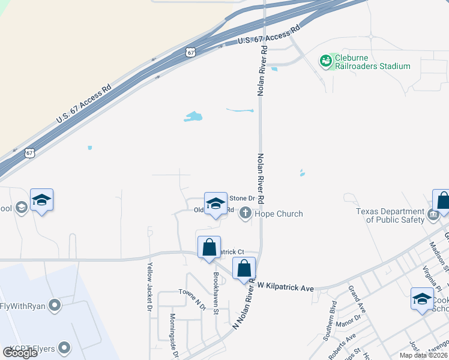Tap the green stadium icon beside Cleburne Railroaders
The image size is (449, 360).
coord(326,61)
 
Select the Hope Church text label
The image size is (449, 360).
coord(279,214)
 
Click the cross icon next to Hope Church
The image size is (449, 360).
coord(245,213)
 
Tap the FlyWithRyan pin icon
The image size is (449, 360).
coord(55,306)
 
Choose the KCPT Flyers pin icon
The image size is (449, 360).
coord(64,349)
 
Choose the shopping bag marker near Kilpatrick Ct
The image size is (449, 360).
coord(209,247)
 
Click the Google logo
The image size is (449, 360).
coord(20,352)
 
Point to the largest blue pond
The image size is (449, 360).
coord(193,116)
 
